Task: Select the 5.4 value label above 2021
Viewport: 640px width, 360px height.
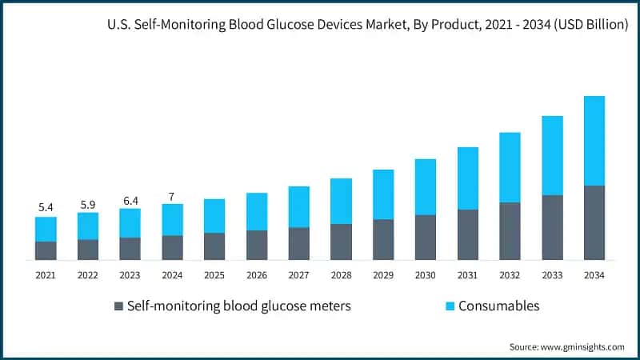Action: tap(46, 207)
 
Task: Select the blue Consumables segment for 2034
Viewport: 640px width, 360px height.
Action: tap(594, 141)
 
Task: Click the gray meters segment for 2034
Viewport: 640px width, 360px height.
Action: tap(594, 222)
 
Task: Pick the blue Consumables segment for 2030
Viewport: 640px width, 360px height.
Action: tap(426, 186)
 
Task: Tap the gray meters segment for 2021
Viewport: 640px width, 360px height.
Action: tap(46, 250)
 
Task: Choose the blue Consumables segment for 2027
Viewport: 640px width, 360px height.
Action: tap(298, 206)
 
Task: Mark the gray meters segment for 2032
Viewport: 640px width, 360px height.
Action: tap(510, 230)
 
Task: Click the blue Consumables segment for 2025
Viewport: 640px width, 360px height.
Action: tap(214, 216)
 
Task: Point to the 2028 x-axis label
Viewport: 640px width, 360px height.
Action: tap(341, 275)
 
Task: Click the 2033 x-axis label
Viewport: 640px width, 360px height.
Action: tap(551, 275)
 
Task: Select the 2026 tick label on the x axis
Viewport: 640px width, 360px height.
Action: tap(256, 275)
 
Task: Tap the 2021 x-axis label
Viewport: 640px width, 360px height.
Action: tap(46, 275)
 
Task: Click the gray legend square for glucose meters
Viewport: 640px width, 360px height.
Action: tap(120, 306)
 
